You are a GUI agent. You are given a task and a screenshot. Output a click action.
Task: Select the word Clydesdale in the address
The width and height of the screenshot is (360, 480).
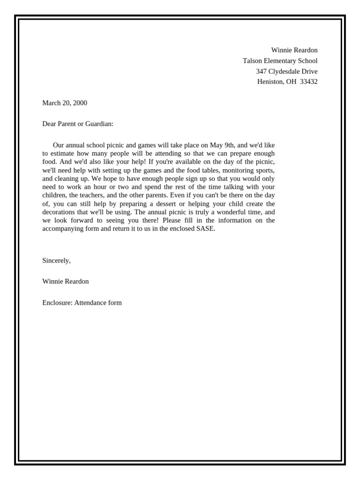click(x=285, y=71)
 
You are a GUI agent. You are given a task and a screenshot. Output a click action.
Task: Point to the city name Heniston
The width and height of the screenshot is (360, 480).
click(x=270, y=82)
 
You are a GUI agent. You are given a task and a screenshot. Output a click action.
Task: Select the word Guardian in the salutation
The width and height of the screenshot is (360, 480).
click(x=99, y=124)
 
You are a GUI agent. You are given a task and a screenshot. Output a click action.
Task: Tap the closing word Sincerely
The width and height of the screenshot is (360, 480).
click(x=56, y=261)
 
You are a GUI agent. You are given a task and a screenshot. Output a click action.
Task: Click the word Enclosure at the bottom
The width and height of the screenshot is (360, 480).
click(x=57, y=303)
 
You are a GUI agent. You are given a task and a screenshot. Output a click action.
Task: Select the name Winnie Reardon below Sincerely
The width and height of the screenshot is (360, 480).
click(x=65, y=282)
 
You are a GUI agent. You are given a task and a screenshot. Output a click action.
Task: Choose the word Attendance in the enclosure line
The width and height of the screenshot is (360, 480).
click(x=90, y=303)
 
